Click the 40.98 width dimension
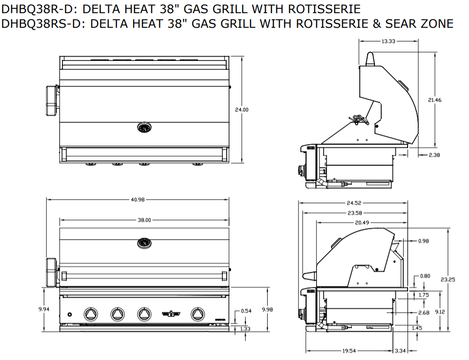coord(138,199)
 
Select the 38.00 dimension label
coord(144,220)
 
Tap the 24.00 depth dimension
coord(242,110)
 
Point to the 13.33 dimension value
coord(388,41)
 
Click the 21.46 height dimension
coord(435,100)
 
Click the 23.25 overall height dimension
coord(448,280)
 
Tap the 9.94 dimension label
coord(44,309)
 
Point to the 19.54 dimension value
coord(348,350)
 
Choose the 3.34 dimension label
coord(400,350)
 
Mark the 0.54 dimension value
coord(246,311)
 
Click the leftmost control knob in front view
coord(91,314)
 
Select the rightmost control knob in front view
coord(197,314)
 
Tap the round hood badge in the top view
coord(144,128)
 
